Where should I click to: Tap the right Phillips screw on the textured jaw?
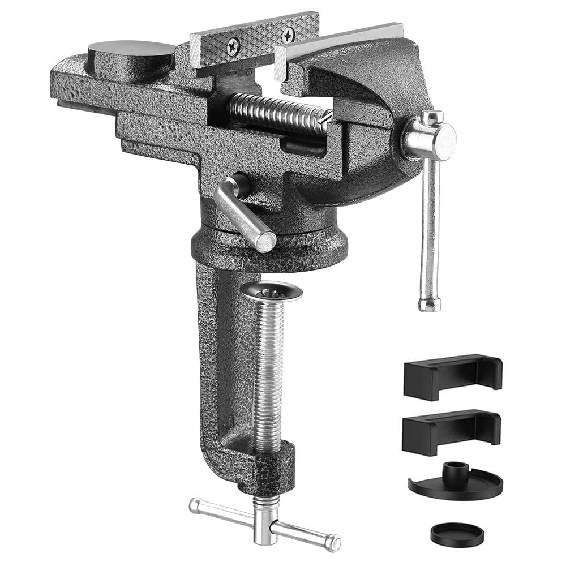click(288, 35)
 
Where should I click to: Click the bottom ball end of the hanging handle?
click(430, 304)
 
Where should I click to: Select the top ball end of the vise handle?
click(432, 118)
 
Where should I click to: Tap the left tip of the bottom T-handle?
click(195, 504)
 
